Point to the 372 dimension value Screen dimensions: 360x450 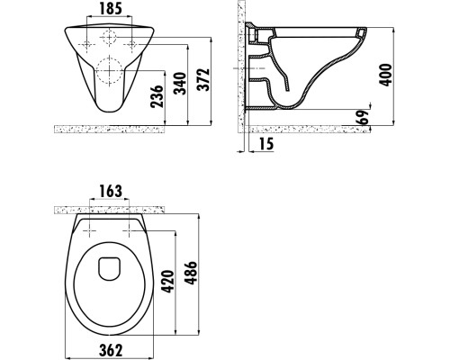tap(207, 83)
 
